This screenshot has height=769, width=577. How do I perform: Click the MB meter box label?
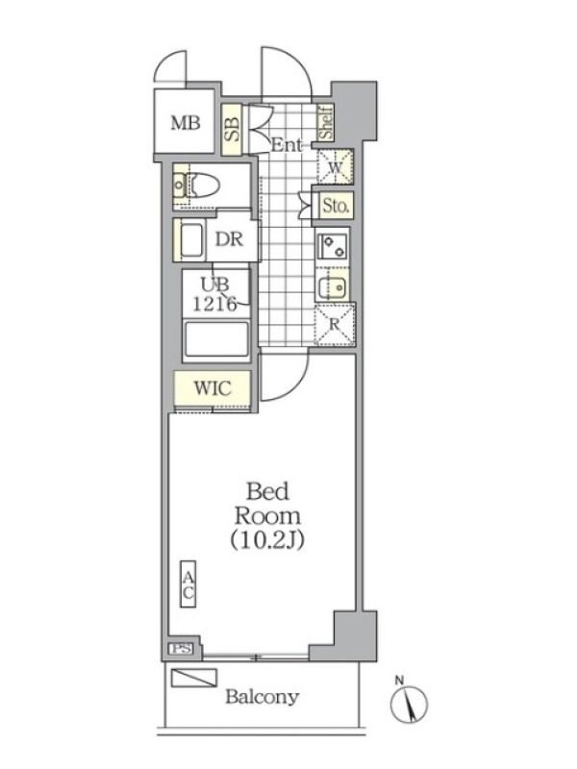coord(186,123)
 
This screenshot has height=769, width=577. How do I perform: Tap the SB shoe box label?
coord(233,130)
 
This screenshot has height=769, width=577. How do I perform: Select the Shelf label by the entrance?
coord(326,123)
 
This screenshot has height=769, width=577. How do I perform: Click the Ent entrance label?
coord(286,145)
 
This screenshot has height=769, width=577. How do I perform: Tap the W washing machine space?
coord(335,165)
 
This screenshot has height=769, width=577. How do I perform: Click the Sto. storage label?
coord(336,205)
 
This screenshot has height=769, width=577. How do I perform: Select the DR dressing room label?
coord(229,239)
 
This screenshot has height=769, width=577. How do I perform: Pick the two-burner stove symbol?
coord(333,246)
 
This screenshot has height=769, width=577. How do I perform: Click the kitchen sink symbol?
coord(332,286)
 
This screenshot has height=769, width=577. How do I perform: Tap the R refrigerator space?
coord(335,325)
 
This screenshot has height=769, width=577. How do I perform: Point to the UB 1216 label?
coord(214,294)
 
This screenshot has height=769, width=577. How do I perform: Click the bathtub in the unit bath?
coord(215,340)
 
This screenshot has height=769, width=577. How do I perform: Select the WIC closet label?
coord(213,388)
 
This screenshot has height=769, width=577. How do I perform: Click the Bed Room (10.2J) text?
coord(267,515)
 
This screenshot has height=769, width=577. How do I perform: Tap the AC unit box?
coord(188,583)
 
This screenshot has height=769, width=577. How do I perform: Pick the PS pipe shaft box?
coord(181,648)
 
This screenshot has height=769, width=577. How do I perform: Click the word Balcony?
coord(262,698)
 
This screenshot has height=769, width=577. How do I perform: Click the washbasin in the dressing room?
coord(191,241)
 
